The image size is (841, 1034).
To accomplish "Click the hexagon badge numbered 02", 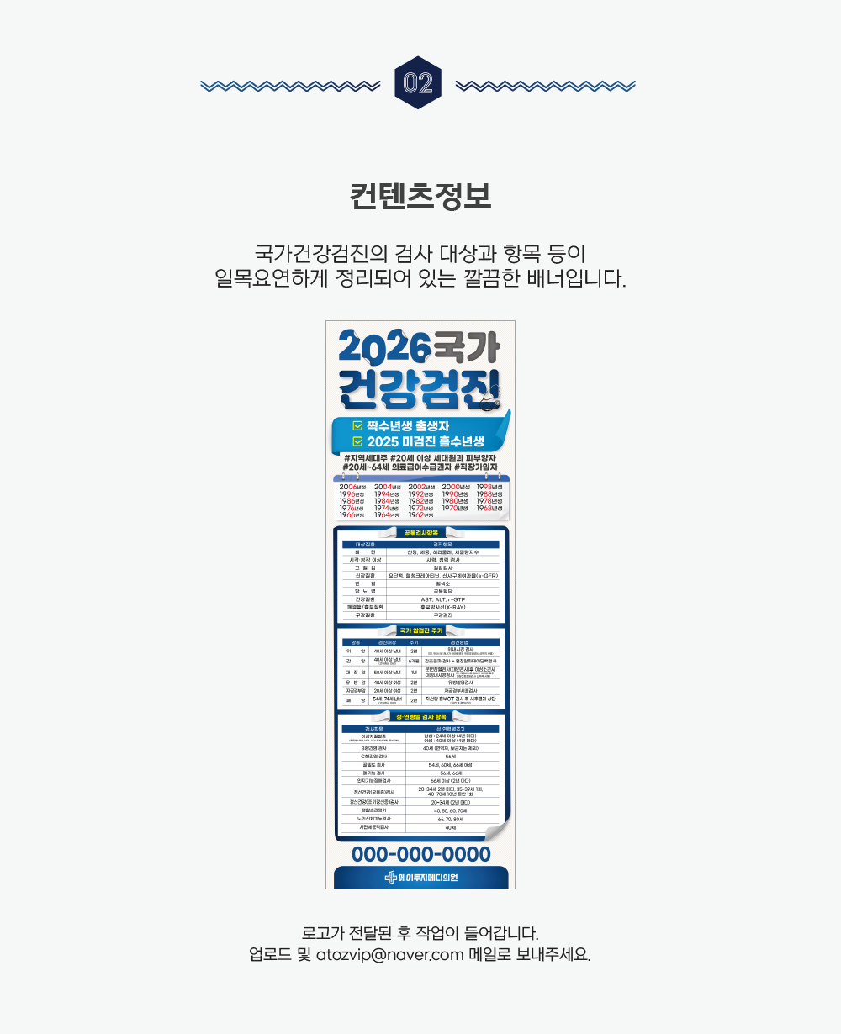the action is point(418,82).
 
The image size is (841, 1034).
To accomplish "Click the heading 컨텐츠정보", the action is point(420,196).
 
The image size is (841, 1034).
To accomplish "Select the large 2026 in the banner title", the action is point(384,346).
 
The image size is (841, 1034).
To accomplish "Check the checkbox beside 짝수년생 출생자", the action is point(357,426).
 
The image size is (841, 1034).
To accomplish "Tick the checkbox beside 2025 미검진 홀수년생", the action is point(357,441).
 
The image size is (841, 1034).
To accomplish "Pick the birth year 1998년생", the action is point(489,487).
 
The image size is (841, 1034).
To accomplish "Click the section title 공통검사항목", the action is point(420,532).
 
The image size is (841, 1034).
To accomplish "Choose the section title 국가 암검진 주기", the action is point(420,630).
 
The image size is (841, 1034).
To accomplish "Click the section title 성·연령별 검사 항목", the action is point(420,716).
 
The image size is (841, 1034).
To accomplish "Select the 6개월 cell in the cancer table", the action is point(414,662).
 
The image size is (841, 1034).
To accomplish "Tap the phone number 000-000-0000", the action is point(420,855).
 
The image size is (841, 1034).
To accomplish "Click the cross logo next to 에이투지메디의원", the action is point(389,878).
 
